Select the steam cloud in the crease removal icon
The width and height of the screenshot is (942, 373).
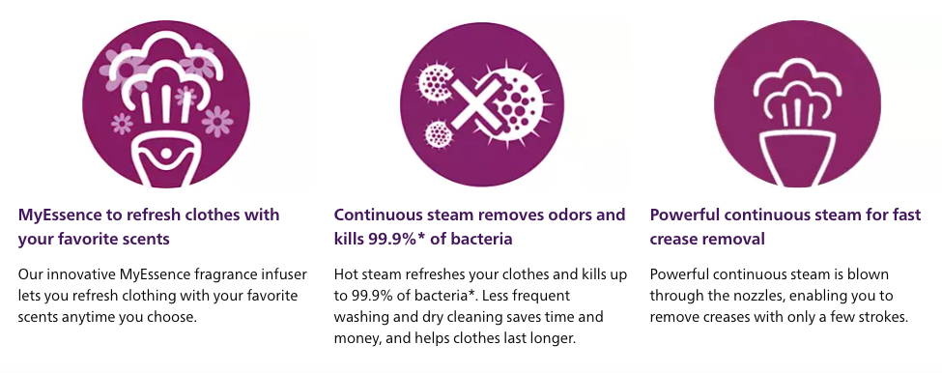[797, 89]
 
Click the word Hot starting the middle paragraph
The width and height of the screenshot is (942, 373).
[346, 274]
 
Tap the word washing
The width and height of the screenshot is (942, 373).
[357, 317]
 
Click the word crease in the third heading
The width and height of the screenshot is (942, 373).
[675, 239]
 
